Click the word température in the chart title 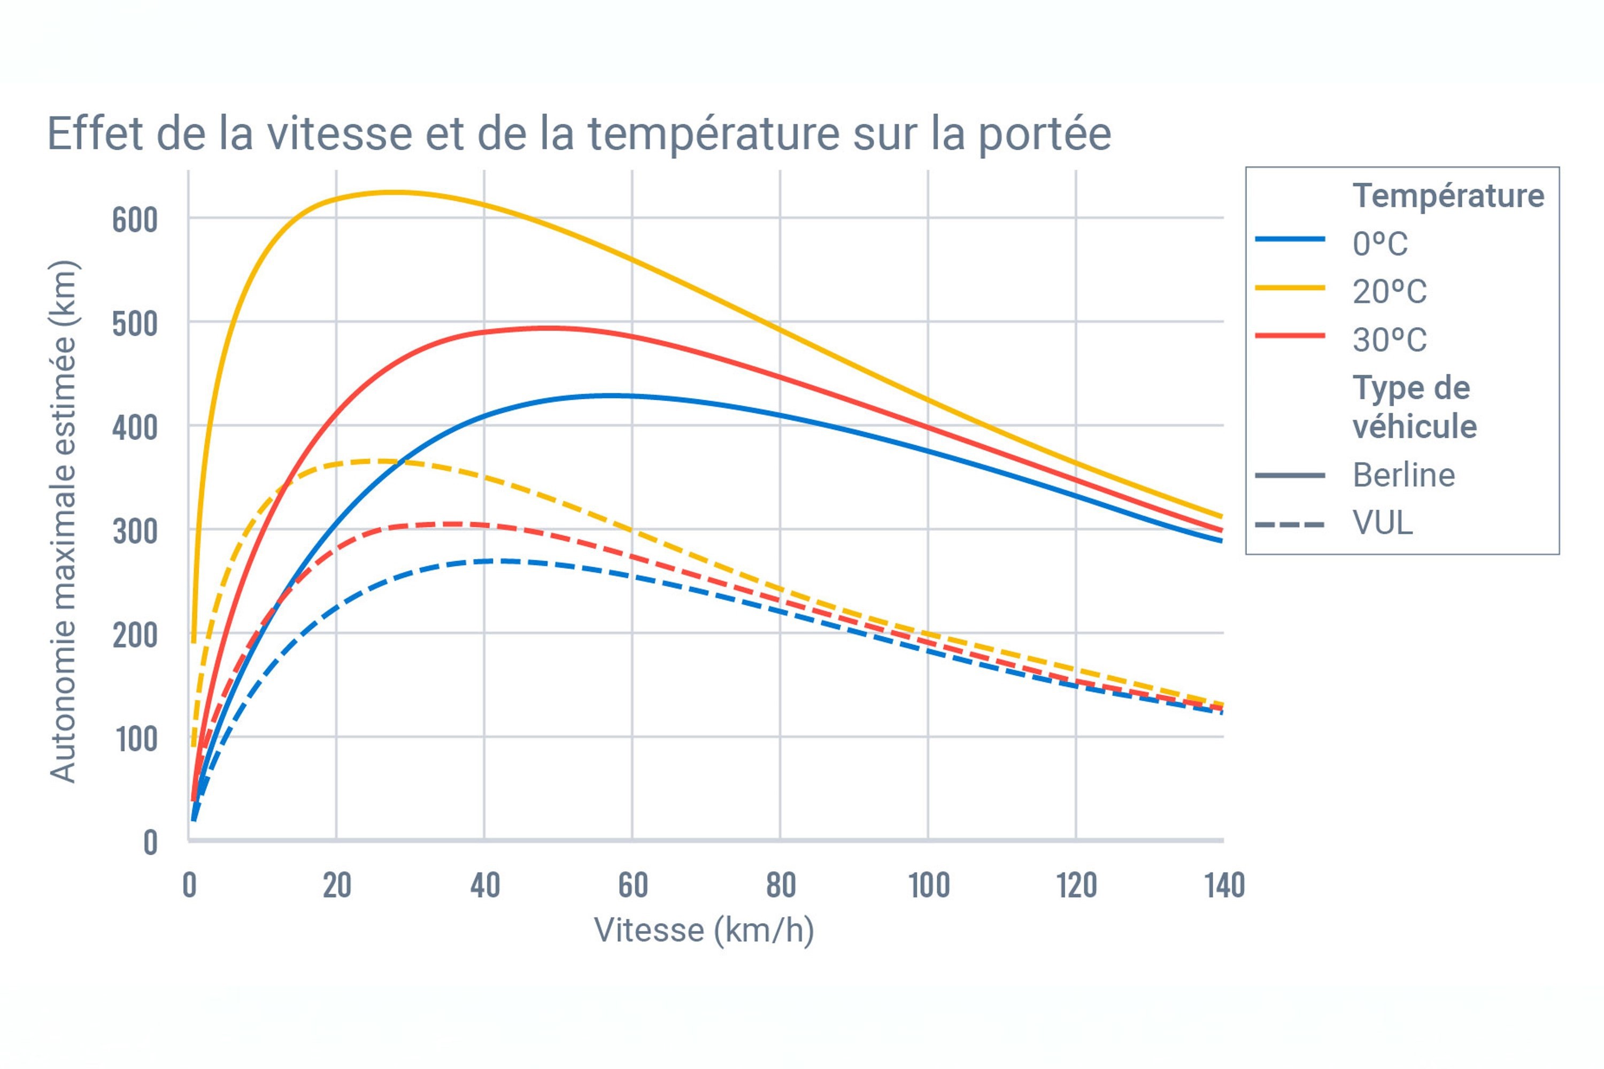[x=713, y=134]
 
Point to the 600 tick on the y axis [x=135, y=220]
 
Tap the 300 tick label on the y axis [x=135, y=531]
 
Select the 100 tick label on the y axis [x=136, y=739]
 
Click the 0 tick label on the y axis [x=150, y=843]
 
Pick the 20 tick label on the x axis [x=337, y=886]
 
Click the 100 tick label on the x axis [x=929, y=886]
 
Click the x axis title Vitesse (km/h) [x=704, y=930]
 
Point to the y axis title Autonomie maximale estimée [x=63, y=522]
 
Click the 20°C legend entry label [x=1390, y=292]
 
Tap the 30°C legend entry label [x=1390, y=339]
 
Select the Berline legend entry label [x=1403, y=475]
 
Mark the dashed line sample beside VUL [x=1290, y=524]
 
